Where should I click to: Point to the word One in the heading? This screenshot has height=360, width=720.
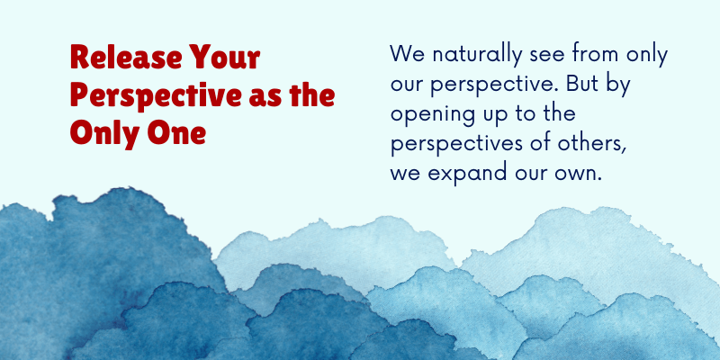pos(176,132)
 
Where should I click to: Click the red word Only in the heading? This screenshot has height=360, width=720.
pos(104,135)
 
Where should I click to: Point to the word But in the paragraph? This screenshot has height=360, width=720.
pos(580,85)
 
